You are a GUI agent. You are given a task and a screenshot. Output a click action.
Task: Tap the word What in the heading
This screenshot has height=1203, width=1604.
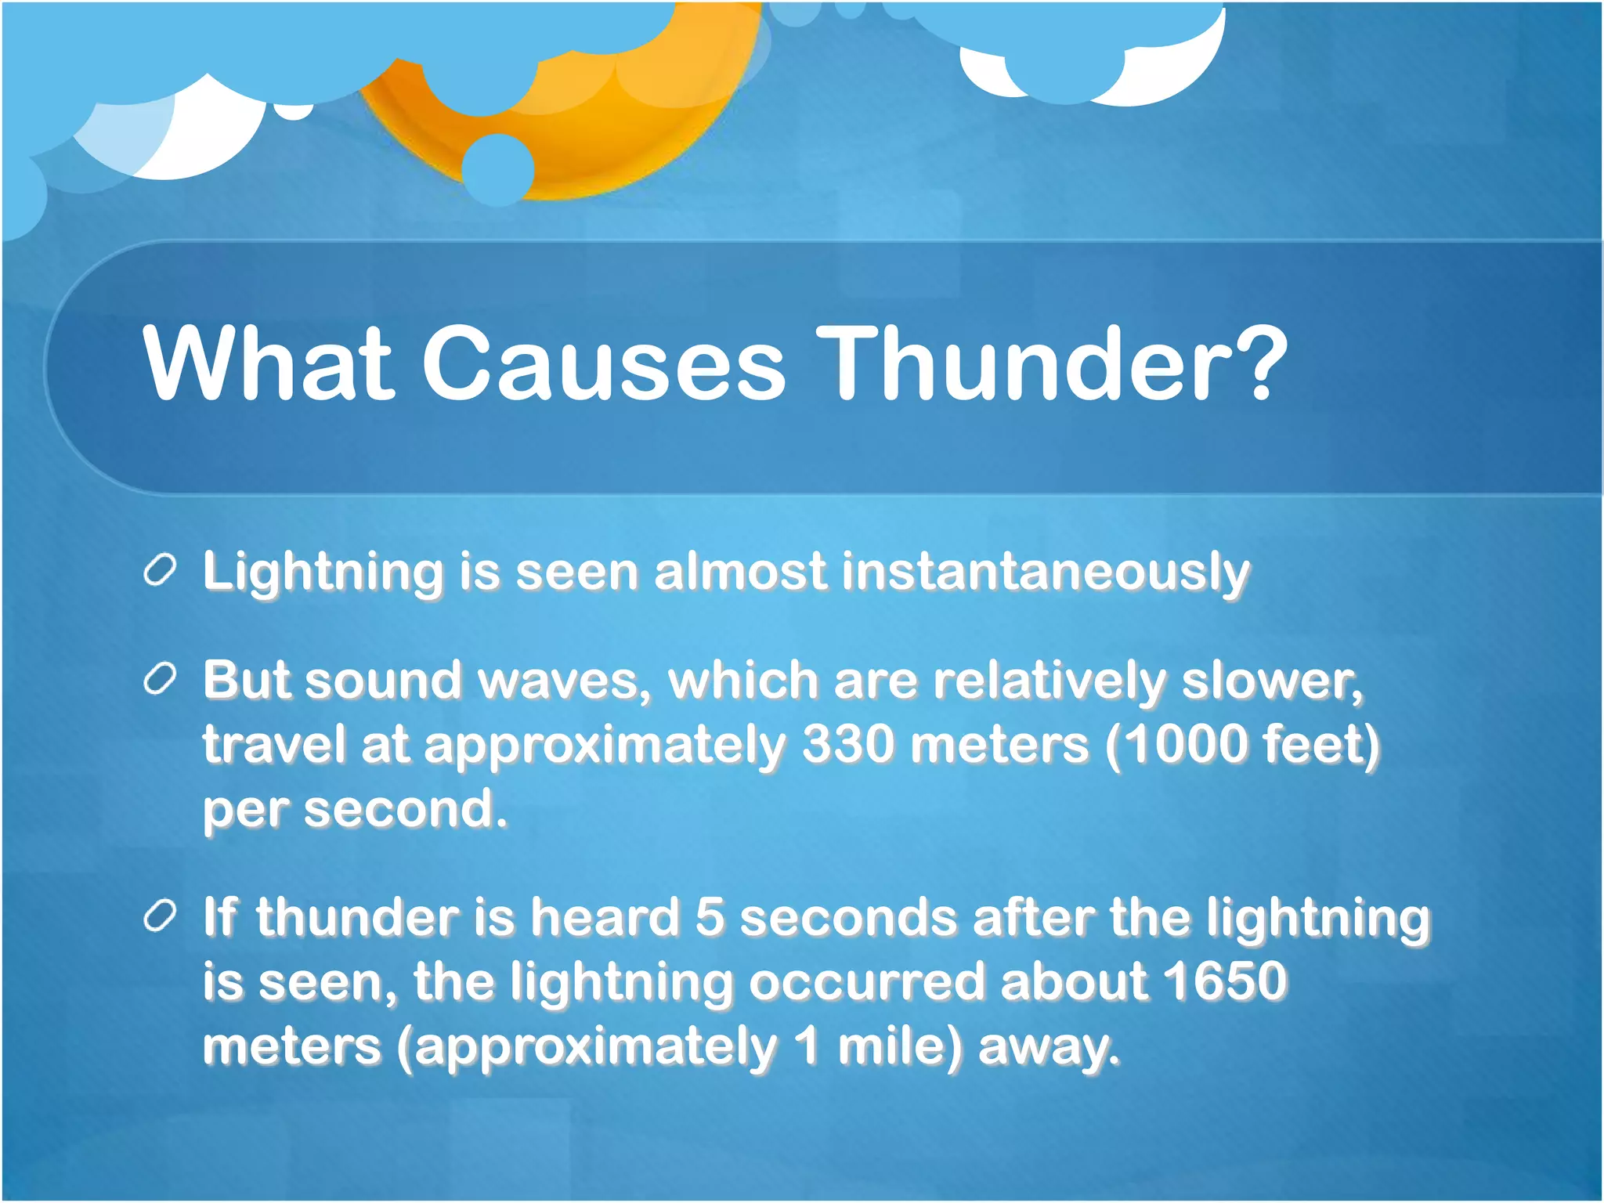pyautogui.click(x=267, y=365)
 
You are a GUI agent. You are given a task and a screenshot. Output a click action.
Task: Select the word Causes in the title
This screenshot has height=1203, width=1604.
pyautogui.click(x=603, y=365)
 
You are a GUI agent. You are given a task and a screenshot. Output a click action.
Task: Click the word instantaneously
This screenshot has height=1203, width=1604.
pyautogui.click(x=1046, y=573)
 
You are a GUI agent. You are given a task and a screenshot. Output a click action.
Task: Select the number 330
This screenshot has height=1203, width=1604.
pyautogui.click(x=847, y=744)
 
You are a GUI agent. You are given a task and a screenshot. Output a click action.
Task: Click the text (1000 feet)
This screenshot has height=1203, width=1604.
pyautogui.click(x=1242, y=744)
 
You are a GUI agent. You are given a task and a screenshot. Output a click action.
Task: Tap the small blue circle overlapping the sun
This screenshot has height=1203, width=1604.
pyautogui.click(x=498, y=169)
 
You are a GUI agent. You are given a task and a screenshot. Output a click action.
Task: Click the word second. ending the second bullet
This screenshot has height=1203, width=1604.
pyautogui.click(x=406, y=810)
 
